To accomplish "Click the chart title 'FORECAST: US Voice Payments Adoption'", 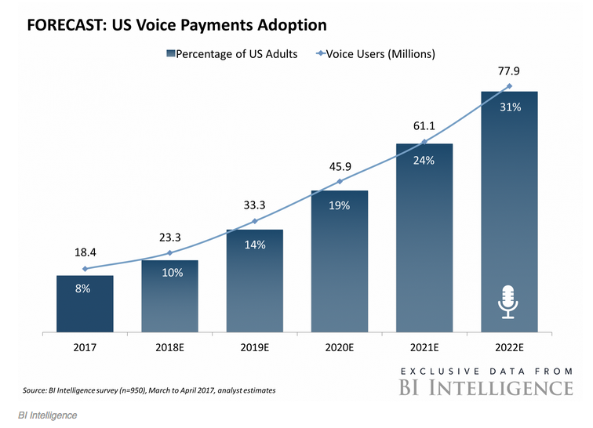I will tap(176, 26).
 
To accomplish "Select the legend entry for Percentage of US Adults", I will tap(231, 54).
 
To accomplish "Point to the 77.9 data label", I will tap(509, 71).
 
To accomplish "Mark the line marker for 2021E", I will tap(424, 142).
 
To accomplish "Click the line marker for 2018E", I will tap(169, 252).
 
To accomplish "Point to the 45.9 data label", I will tap(340, 166).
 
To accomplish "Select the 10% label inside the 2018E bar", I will tap(170, 273).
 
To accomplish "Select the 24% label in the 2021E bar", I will tap(424, 160).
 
